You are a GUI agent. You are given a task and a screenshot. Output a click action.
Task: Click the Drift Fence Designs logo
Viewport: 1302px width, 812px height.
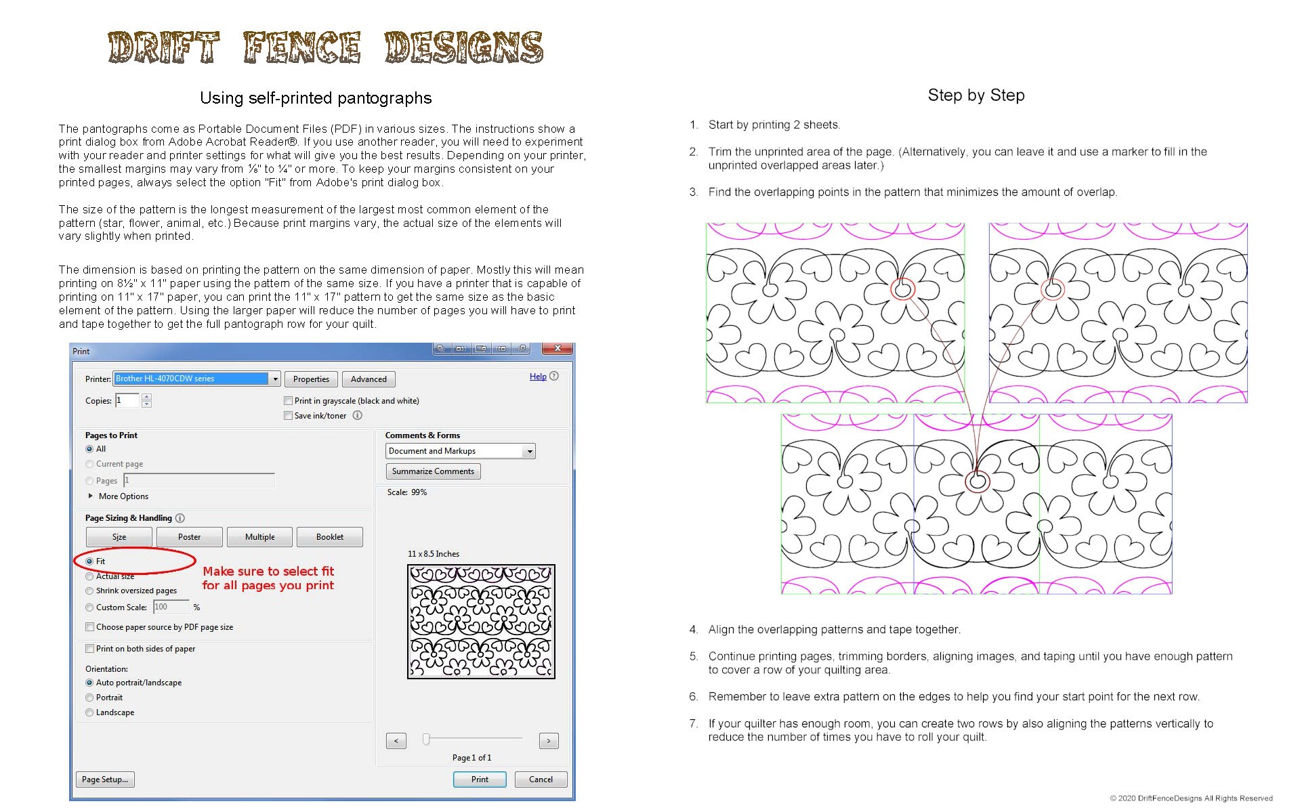coord(325,47)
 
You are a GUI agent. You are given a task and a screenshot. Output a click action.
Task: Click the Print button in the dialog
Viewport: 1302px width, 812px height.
coord(480,779)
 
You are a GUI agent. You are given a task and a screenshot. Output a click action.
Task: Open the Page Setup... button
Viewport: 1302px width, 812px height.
coord(105,779)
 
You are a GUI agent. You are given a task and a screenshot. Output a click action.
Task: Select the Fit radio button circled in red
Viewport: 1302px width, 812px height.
coord(89,561)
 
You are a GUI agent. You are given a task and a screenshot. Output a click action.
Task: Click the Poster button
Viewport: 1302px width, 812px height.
coord(189,537)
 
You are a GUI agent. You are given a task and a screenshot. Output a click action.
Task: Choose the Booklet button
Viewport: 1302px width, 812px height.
coord(329,537)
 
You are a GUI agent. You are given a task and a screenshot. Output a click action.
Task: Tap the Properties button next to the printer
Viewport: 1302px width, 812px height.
coord(311,379)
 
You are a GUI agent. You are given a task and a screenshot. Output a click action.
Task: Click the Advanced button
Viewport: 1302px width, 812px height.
coord(369,379)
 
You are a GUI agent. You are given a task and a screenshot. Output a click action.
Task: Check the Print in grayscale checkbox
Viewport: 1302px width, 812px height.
coord(289,401)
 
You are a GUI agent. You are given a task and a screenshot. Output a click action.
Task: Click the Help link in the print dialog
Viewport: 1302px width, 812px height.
coord(538,377)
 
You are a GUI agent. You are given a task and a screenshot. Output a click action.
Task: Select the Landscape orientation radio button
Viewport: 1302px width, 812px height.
coord(89,712)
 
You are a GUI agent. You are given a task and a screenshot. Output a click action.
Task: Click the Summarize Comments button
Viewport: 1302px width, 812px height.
coord(433,471)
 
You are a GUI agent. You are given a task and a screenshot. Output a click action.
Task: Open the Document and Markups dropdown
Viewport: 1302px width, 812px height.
coord(461,451)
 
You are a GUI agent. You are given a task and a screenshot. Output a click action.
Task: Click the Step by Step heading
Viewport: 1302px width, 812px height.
coord(975,95)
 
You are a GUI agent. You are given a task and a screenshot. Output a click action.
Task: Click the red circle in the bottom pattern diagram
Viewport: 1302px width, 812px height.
coord(977,482)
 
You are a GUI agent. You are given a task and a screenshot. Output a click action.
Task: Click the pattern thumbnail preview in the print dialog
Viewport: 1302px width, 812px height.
coord(481,622)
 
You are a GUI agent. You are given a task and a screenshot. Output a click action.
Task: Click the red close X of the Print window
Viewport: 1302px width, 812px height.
coord(558,349)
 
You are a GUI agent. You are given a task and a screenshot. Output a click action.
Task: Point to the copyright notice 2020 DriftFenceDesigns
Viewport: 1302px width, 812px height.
coord(1191,798)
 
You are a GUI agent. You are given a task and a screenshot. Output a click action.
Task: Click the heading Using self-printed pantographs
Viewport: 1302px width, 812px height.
coord(316,98)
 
